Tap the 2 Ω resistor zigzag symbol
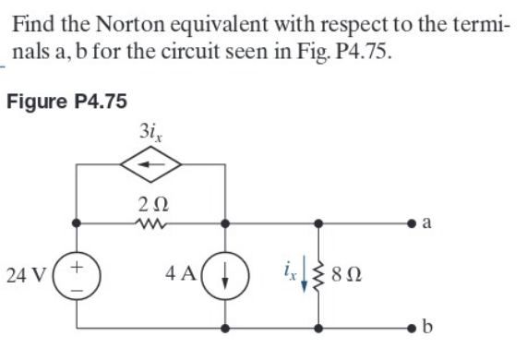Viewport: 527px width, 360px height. [x=151, y=222]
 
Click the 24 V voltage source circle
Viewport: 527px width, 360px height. [x=78, y=275]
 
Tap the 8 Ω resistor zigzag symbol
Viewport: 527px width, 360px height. [x=320, y=275]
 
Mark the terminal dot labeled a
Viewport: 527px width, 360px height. [x=405, y=222]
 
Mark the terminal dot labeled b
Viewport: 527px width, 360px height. [x=405, y=328]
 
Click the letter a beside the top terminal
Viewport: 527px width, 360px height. [x=424, y=222]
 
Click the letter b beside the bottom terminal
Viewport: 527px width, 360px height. [x=424, y=328]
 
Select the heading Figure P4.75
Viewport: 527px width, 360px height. [x=66, y=101]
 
